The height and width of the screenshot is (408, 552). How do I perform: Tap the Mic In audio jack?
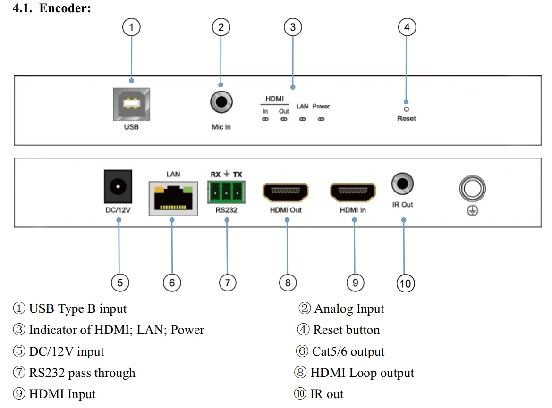(221, 101)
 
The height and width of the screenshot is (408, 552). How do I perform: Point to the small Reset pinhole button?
(406, 102)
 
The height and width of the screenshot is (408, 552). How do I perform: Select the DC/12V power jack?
(118, 187)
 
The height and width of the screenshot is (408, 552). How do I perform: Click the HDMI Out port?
(286, 192)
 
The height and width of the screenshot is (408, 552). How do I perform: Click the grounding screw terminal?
(473, 190)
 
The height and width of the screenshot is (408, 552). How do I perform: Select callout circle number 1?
(131, 27)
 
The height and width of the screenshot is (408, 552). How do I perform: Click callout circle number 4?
(407, 27)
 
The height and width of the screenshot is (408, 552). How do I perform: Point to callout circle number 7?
(228, 283)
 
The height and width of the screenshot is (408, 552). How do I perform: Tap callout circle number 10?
(405, 283)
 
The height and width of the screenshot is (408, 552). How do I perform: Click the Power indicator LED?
(321, 119)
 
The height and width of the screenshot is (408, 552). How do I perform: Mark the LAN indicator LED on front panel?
(303, 119)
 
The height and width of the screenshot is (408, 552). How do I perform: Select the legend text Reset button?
(346, 330)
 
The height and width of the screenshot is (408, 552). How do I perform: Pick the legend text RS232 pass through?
(82, 373)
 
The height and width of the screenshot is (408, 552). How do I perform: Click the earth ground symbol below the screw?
(473, 212)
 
